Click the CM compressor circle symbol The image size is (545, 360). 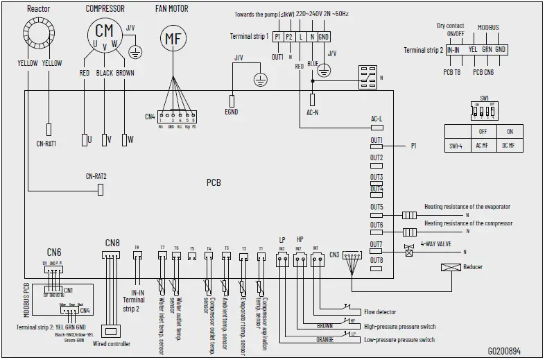104,31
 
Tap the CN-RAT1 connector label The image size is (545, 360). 46,144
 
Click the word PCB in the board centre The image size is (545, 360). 214,183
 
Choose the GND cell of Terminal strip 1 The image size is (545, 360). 323,36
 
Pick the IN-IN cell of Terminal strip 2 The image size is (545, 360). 453,50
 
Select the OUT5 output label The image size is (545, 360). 377,207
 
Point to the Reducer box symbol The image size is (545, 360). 451,267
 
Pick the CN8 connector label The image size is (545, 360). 112,243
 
